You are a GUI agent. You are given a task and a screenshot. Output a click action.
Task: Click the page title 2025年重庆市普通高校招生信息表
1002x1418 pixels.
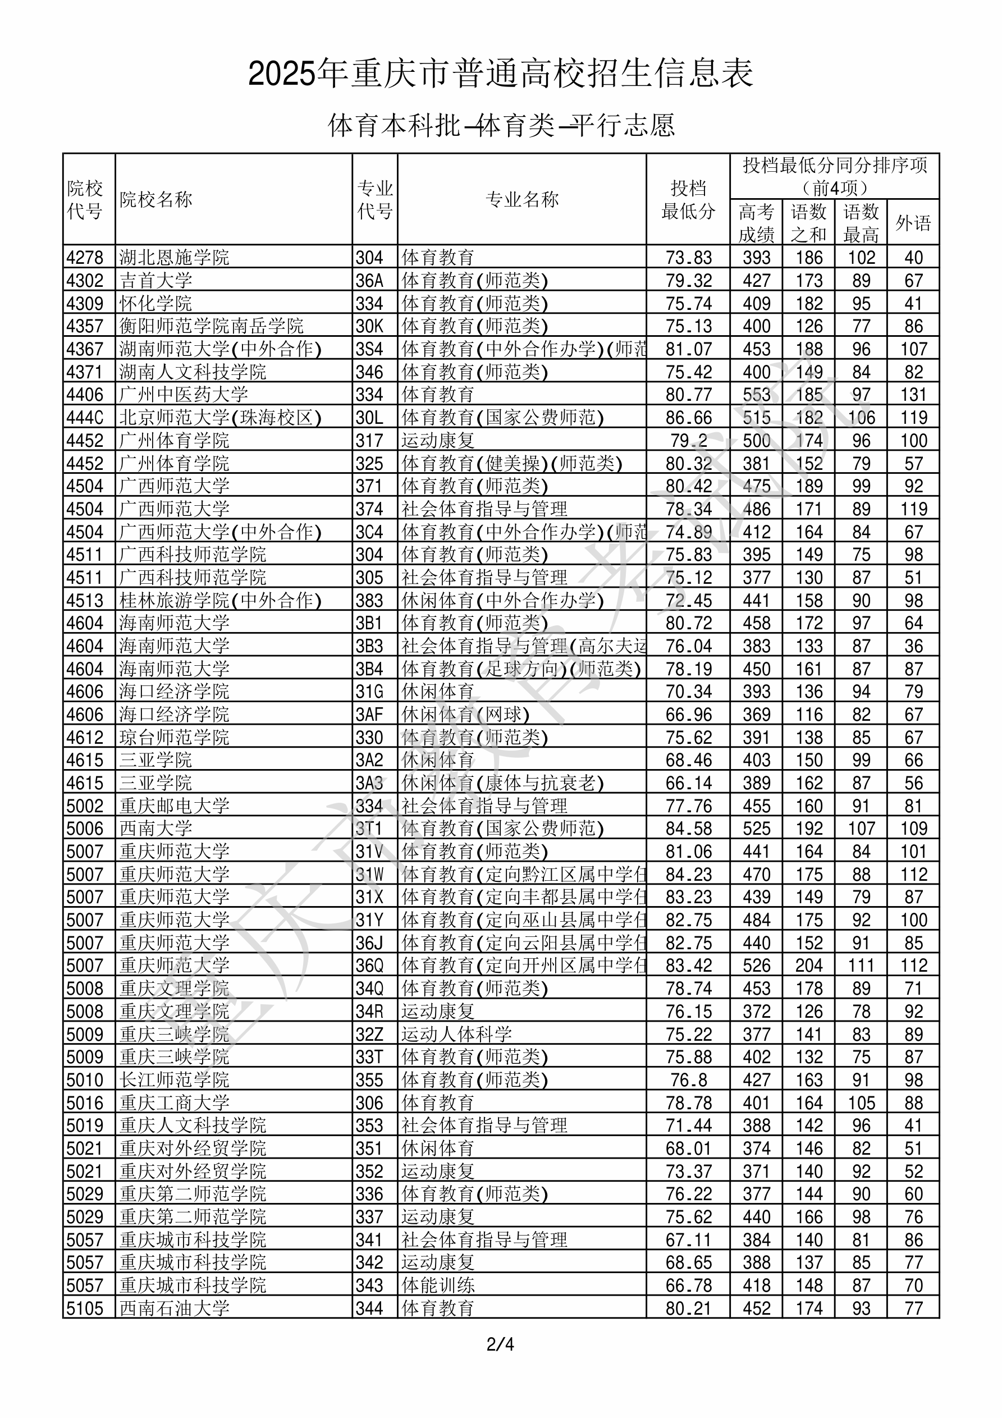(500, 74)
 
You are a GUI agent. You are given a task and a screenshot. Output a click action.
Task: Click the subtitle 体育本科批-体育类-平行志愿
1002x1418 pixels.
(500, 125)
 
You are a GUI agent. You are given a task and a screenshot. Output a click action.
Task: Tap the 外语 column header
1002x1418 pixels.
(913, 222)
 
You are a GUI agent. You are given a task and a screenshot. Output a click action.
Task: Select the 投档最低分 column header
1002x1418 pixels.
(688, 199)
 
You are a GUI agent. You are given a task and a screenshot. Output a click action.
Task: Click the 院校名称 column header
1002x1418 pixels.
(156, 199)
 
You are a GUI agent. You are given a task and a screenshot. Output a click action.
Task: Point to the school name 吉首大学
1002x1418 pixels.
(155, 280)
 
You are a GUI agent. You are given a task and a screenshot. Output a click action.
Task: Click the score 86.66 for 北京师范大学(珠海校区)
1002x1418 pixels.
(688, 418)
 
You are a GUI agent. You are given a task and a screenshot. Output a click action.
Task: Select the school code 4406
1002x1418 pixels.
(85, 395)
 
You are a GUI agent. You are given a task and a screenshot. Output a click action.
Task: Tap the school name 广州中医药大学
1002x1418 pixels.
(184, 395)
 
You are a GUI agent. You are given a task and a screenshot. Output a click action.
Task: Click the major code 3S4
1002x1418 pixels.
(369, 349)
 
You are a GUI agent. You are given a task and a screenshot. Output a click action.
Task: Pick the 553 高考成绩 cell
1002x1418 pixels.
(756, 395)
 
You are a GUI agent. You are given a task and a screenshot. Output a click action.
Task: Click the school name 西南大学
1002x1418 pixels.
(155, 828)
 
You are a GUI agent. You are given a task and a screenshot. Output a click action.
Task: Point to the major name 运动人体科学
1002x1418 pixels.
(456, 1034)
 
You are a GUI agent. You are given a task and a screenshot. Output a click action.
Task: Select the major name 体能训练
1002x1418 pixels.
(437, 1285)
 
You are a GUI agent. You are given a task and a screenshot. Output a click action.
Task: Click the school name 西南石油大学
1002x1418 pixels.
(174, 1308)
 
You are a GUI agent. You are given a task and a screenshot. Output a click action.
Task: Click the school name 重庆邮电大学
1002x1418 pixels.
(174, 806)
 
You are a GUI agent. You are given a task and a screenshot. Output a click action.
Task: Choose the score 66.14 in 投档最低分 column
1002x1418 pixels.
(688, 783)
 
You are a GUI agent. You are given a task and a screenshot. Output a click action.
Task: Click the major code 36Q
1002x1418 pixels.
(369, 966)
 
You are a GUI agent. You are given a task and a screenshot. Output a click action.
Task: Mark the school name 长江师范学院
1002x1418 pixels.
(174, 1079)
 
